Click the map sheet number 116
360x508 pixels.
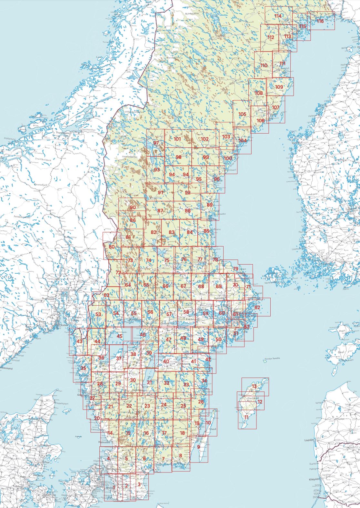coord(320,21)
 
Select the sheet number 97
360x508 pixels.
coord(156,143)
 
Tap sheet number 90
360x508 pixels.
coord(133,208)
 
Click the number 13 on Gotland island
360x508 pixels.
coord(254,386)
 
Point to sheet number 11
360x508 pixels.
coord(246,417)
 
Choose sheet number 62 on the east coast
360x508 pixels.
coord(257,308)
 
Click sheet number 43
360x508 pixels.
coord(79,341)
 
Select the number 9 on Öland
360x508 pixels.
coord(198,447)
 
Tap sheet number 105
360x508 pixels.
coord(242,114)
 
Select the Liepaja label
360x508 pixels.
coord(309,440)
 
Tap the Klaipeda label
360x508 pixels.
coord(313,479)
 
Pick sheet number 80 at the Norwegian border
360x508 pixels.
coord(112,247)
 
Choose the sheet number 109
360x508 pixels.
coord(279,87)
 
